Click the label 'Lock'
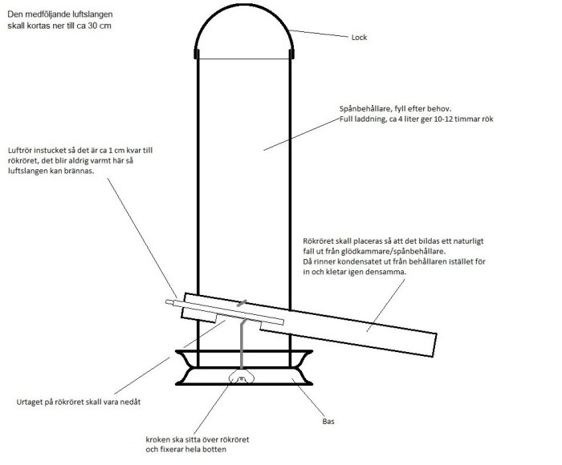point(359,37)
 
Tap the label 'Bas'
point(328,422)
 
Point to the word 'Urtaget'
point(30,402)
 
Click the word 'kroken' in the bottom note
point(157,439)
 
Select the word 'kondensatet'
point(359,261)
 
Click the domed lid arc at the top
point(244,5)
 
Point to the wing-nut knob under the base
point(241,378)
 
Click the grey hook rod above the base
point(242,344)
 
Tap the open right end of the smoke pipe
point(434,345)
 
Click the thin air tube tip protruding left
point(169,302)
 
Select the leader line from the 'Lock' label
point(319,34)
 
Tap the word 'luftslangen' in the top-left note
point(93,14)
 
